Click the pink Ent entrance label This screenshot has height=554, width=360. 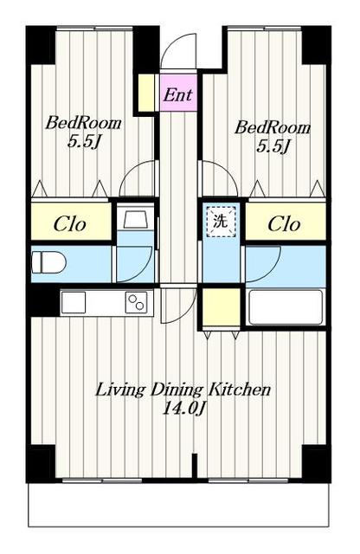click(x=178, y=94)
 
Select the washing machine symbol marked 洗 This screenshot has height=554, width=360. click(x=221, y=222)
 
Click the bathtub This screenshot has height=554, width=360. click(x=286, y=307)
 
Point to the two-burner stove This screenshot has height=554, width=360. click(x=137, y=302)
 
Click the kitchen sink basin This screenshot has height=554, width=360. click(x=74, y=302)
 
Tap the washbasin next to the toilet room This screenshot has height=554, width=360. click(x=136, y=220)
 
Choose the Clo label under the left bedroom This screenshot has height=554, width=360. click(x=69, y=224)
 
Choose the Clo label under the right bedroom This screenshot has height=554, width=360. click(x=284, y=224)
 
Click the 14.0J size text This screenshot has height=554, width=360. click(x=183, y=409)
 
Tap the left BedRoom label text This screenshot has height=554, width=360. click(x=83, y=123)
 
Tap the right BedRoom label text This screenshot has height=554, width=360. click(x=273, y=127)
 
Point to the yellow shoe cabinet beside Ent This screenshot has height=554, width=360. click(x=146, y=93)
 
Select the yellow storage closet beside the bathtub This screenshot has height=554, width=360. click(x=221, y=306)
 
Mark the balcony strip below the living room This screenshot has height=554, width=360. click(x=178, y=506)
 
